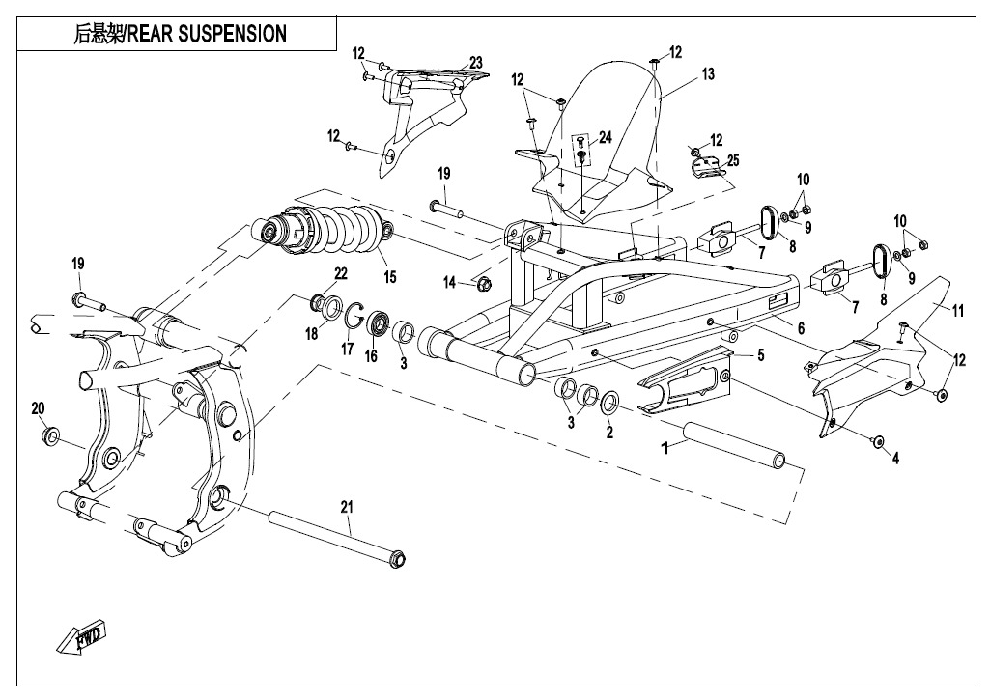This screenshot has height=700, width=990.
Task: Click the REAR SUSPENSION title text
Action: (181, 35)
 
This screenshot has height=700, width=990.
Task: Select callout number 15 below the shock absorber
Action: (389, 277)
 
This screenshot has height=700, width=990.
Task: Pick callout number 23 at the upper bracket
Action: (475, 63)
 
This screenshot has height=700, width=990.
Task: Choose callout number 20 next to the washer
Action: (39, 407)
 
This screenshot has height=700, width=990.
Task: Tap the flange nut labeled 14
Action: (485, 284)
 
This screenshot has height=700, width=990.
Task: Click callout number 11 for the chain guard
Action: (958, 310)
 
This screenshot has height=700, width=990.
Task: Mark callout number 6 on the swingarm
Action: (801, 329)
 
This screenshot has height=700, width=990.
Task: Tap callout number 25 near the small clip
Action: (732, 160)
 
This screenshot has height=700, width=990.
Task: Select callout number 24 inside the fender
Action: (605, 138)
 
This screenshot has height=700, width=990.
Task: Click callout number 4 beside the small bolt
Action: (895, 459)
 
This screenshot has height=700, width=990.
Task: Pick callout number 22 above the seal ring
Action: (340, 273)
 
